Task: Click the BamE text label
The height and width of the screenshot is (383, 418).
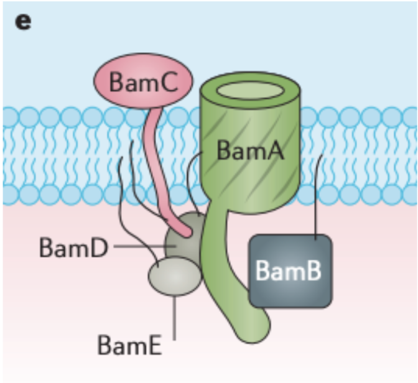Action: [x=129, y=344]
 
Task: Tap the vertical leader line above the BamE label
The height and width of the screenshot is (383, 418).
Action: [x=175, y=317]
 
